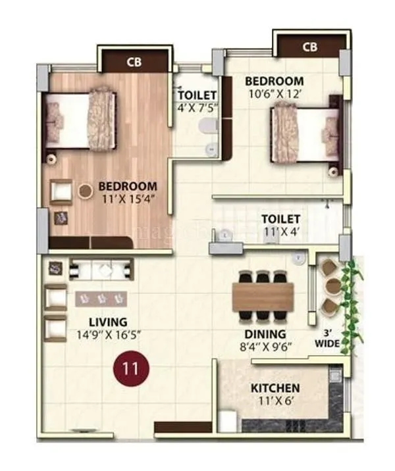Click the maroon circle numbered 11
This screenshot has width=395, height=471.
pyautogui.click(x=131, y=368)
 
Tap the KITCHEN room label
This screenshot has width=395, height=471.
pyautogui.click(x=275, y=388)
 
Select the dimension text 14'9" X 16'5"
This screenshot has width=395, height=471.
pyautogui.click(x=109, y=334)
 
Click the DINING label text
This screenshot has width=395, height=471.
pyautogui.click(x=265, y=334)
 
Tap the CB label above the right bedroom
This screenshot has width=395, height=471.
pyautogui.click(x=310, y=47)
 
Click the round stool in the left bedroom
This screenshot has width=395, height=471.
pyautogui.click(x=86, y=191)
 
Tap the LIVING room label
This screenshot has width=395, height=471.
pyautogui.click(x=109, y=322)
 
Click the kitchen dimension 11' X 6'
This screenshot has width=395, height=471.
pyautogui.click(x=275, y=400)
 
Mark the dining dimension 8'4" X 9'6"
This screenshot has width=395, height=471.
pyautogui.click(x=265, y=345)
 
